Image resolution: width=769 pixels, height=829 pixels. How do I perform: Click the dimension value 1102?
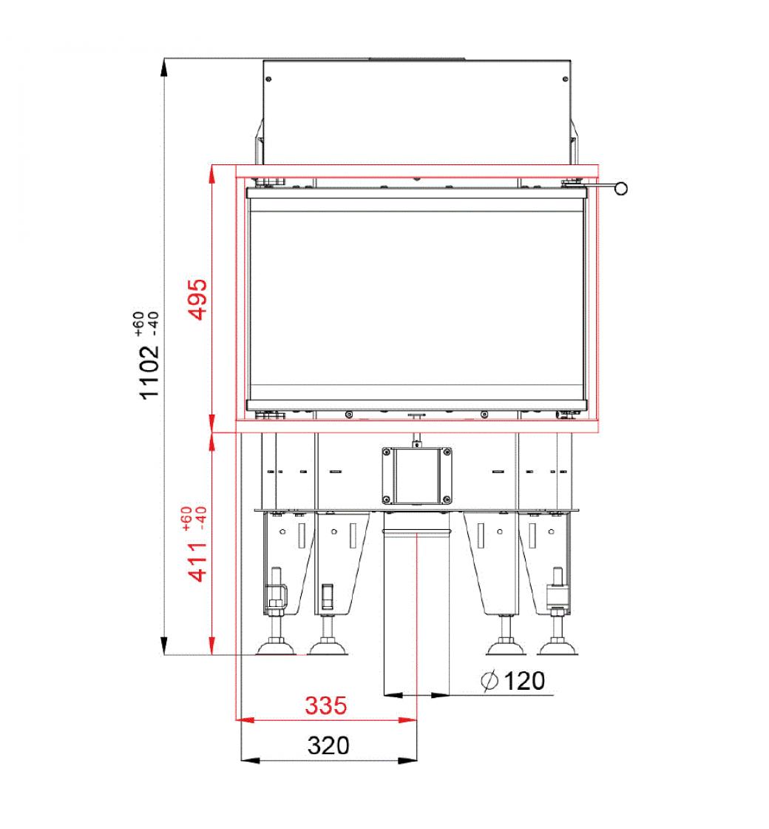point(149,372)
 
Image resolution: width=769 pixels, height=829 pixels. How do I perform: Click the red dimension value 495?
point(199,299)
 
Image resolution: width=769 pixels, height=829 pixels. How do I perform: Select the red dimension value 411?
point(199,562)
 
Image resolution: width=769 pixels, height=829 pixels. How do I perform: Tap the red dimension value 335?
point(326,705)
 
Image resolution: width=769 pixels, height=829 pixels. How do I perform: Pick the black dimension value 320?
point(328,745)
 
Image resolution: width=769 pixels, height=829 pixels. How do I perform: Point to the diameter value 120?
point(524,681)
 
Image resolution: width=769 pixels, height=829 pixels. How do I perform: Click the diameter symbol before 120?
point(489,680)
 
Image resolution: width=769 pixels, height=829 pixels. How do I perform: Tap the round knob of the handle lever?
point(621,188)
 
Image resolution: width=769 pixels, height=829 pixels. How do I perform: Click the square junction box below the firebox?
point(417,475)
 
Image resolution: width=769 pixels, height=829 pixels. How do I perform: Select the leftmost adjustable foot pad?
point(276,647)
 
